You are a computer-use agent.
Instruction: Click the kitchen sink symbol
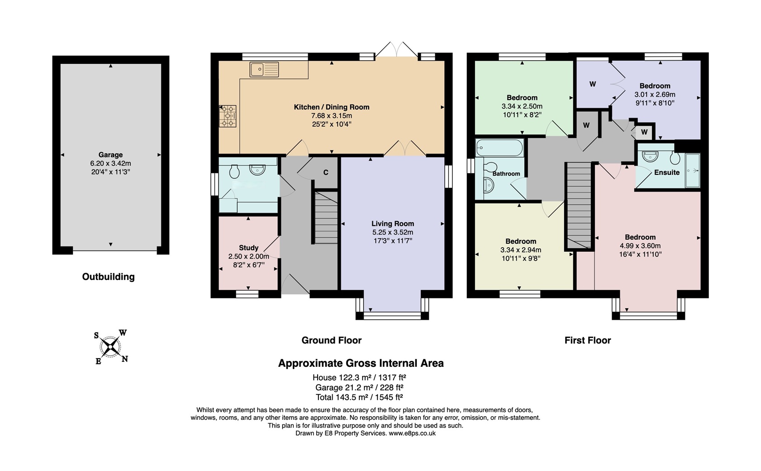click(264, 70)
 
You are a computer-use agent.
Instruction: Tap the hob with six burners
click(228, 116)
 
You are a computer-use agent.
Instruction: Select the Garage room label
click(110, 155)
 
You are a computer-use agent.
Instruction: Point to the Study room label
click(248, 248)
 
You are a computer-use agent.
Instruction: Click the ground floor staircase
click(326, 217)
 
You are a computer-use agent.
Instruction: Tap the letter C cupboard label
click(326, 173)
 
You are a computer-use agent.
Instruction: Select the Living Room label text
click(392, 224)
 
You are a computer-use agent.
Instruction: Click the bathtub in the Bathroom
click(499, 148)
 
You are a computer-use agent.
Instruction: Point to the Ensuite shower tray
click(693, 170)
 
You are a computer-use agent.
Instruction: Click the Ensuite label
click(666, 173)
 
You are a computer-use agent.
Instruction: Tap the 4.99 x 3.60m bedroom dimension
click(640, 246)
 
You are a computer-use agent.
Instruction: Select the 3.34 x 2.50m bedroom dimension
click(522, 106)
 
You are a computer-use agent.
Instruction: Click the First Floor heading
click(587, 341)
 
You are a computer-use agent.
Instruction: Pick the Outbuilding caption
click(108, 277)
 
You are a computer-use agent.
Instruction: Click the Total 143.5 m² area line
click(359, 398)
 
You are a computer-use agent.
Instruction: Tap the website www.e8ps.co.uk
click(412, 433)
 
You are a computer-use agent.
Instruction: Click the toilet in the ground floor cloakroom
click(234, 171)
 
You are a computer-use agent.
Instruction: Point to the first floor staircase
click(579, 204)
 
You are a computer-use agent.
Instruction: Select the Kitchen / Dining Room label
click(332, 107)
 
